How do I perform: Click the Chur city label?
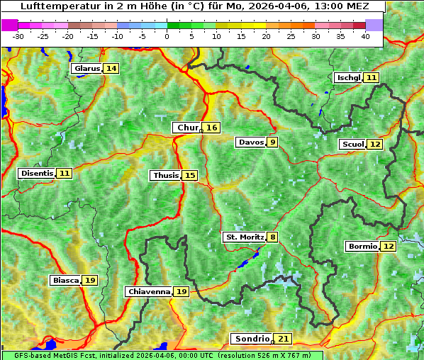point(187,128)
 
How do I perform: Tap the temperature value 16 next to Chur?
point(212,128)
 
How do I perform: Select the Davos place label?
point(251,142)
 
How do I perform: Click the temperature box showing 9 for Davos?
point(273,142)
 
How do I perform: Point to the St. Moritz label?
point(244,237)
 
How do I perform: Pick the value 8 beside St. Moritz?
point(273,237)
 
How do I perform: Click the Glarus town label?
point(87,68)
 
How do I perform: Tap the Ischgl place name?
point(348,77)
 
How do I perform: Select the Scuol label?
point(352,144)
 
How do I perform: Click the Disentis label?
point(37,173)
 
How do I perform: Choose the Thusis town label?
point(165,175)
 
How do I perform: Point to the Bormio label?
point(362,247)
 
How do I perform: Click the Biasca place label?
point(66,280)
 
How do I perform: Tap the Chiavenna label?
point(148,291)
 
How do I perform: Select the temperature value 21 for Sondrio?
point(284,339)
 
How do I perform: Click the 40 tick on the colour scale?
point(365,36)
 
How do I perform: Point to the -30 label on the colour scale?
point(18,36)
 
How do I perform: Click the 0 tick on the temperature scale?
point(167,36)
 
